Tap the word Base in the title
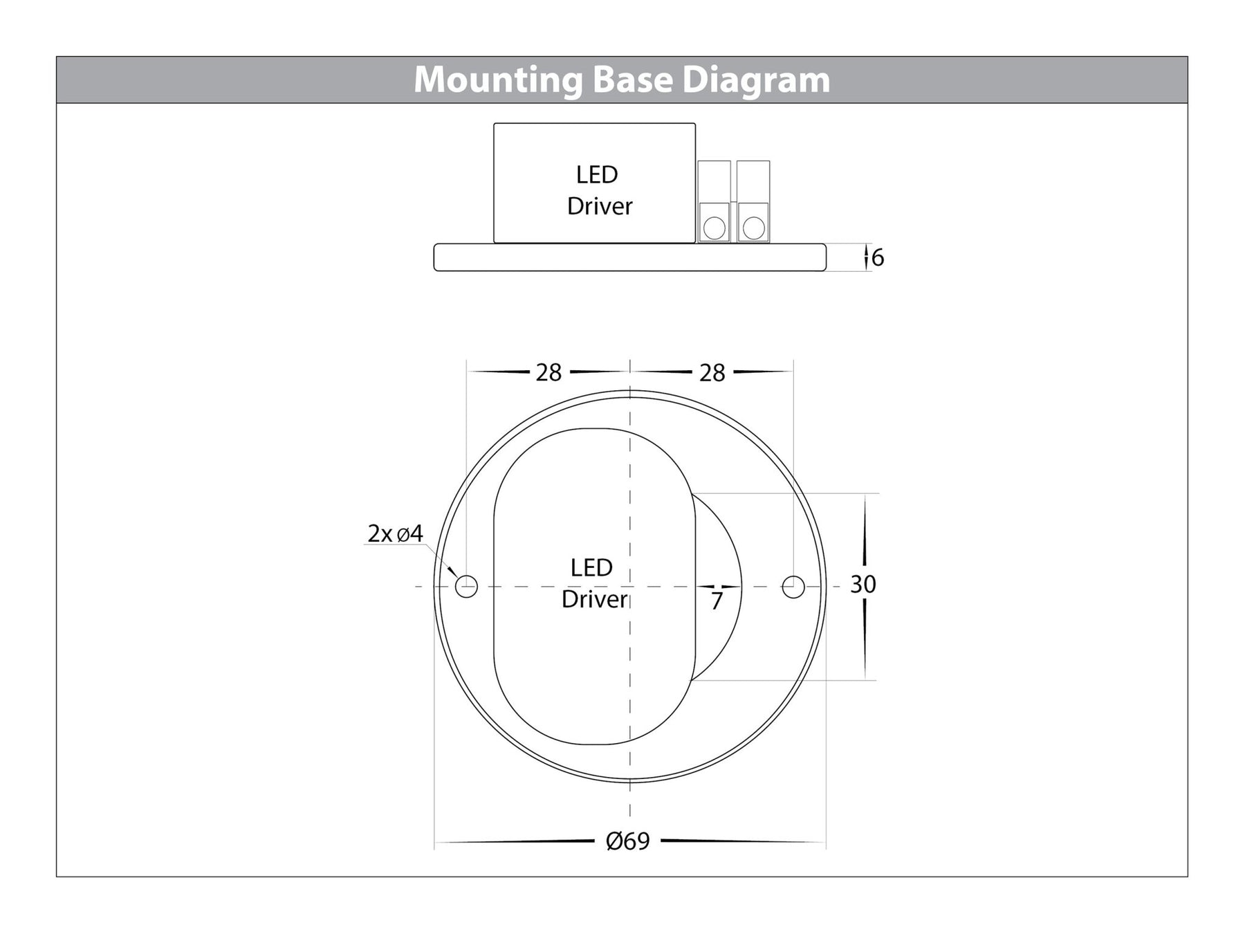(x=632, y=80)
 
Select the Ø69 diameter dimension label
(x=627, y=841)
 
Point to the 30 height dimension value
(x=863, y=585)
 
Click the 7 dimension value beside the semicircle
(x=717, y=601)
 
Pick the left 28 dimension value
(x=548, y=373)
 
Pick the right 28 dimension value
(x=712, y=373)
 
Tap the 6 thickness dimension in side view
(x=878, y=257)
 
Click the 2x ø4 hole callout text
(x=395, y=533)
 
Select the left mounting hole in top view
(x=466, y=587)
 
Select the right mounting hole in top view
(x=793, y=587)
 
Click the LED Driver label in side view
(x=598, y=190)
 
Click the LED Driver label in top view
(x=593, y=583)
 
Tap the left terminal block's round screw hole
(x=714, y=227)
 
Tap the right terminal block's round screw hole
(x=753, y=227)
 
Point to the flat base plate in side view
(x=629, y=257)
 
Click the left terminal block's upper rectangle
(x=714, y=181)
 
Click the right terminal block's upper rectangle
(x=753, y=181)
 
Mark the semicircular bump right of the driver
(x=719, y=553)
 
